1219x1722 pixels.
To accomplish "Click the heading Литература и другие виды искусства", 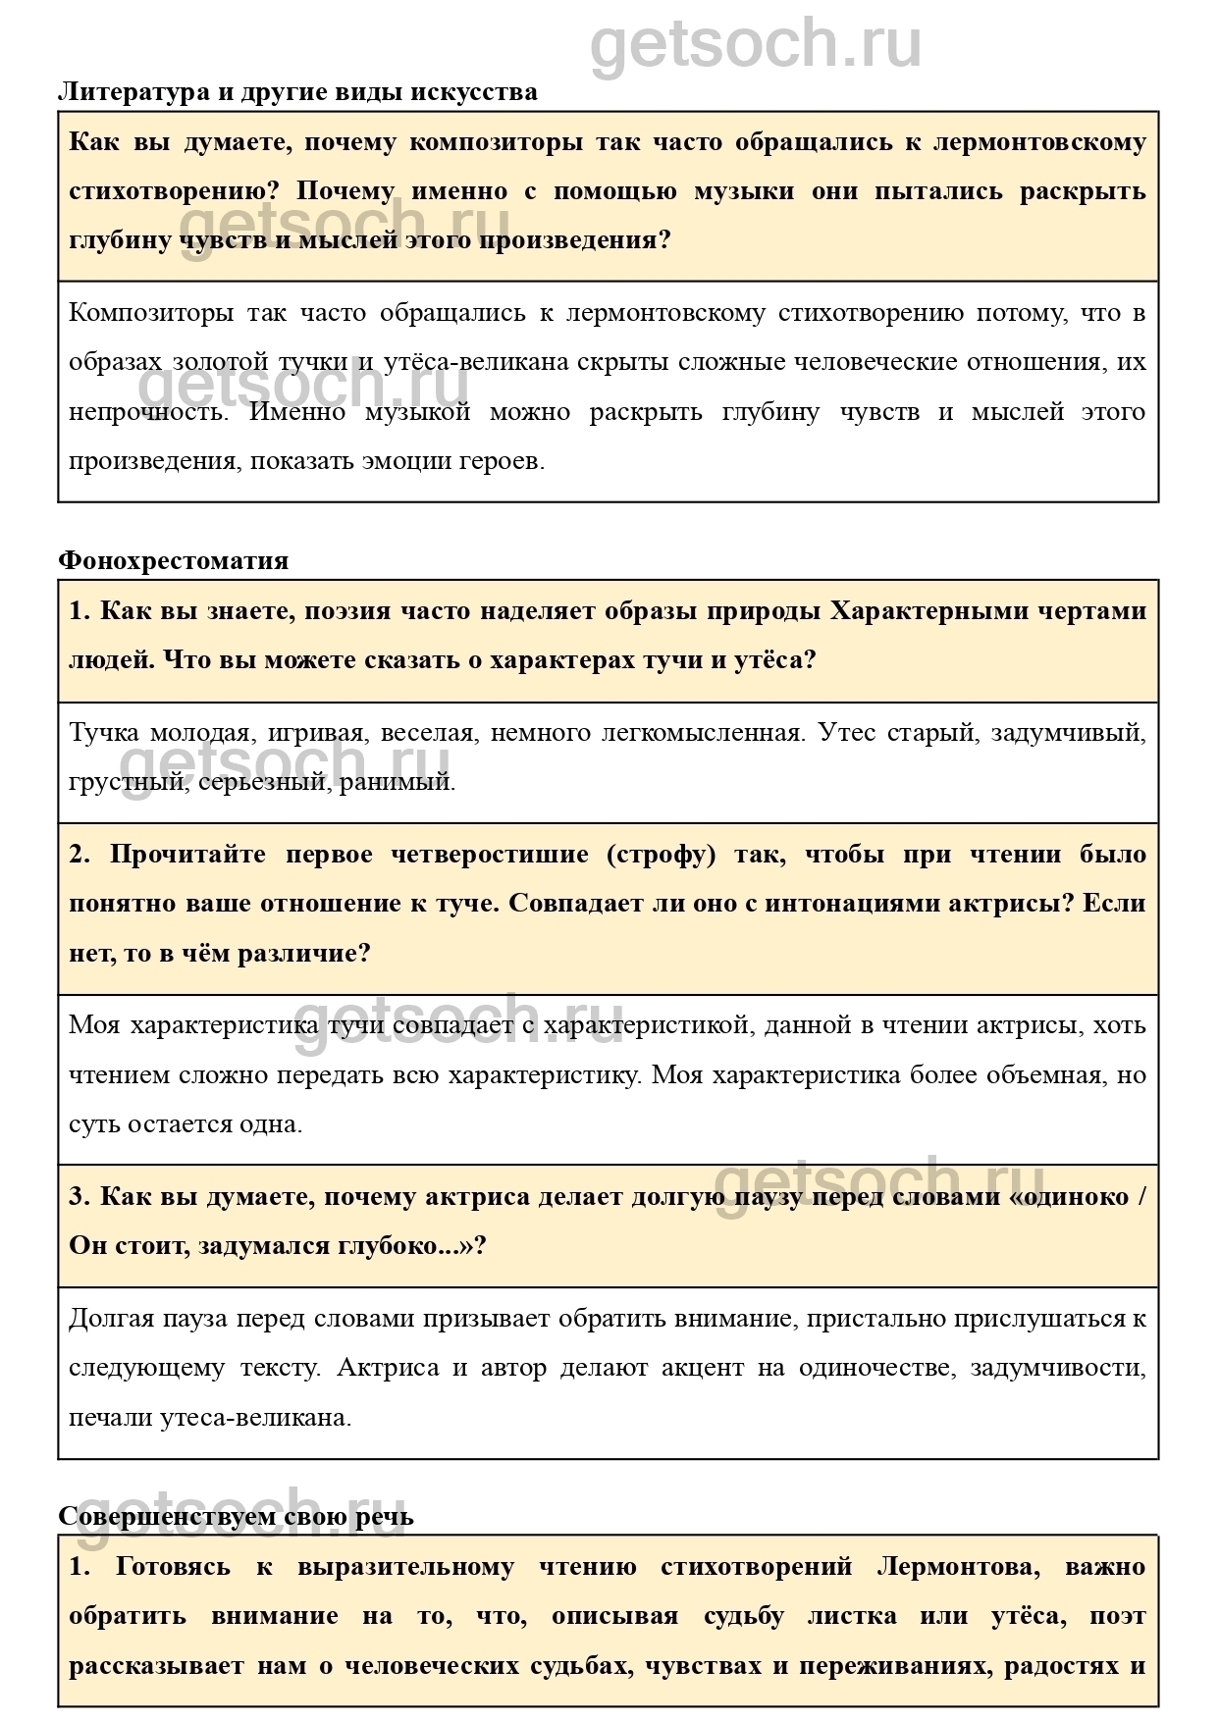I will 297,92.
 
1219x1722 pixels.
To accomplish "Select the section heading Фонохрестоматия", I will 173,561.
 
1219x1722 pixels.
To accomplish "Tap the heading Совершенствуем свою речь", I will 236,1517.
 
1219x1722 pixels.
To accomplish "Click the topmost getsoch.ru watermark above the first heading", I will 755,44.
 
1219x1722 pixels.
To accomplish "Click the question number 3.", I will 79,1197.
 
